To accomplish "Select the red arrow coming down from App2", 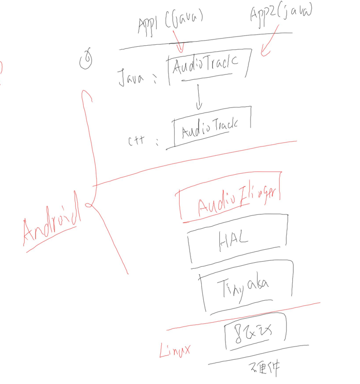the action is [x=270, y=42].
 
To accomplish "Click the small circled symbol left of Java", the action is [x=88, y=60].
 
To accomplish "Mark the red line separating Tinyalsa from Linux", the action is [x=241, y=316].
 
